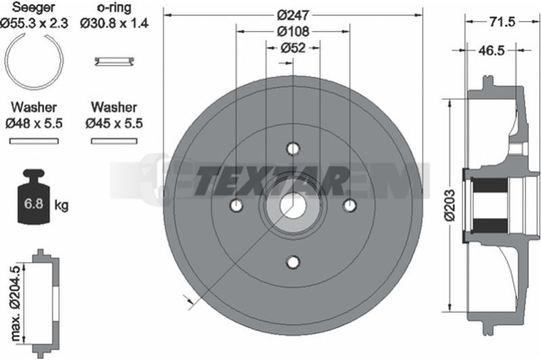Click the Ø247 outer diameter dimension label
click(293, 15)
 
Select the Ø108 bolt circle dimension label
click(293, 31)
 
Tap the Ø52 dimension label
click(293, 47)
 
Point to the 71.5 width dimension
click(502, 22)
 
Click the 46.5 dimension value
click(492, 51)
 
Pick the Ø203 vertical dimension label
click(450, 204)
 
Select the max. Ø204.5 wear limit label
click(16, 303)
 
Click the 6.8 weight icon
click(34, 197)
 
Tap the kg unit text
click(62, 205)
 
